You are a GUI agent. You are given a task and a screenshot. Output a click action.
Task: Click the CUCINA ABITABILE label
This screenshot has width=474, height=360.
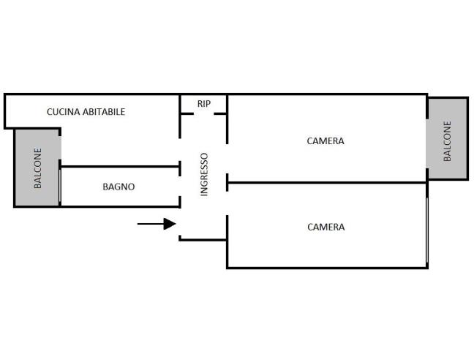(x=86, y=112)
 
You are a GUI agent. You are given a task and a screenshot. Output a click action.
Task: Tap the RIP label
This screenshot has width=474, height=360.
(x=203, y=104)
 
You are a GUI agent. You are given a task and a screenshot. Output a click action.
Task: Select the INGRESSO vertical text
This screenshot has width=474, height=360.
(x=205, y=173)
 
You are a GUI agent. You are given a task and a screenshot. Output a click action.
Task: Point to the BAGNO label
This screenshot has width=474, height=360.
(x=118, y=187)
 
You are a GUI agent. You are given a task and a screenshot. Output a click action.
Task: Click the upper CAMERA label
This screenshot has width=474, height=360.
(x=326, y=140)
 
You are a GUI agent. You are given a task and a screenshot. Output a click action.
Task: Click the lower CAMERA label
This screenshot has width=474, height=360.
(x=326, y=227)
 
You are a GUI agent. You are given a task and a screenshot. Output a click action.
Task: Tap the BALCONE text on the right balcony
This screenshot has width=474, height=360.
(x=448, y=140)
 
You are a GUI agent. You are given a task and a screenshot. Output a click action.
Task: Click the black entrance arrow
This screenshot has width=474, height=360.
(x=157, y=224)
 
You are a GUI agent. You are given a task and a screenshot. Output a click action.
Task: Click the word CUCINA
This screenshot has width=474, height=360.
(x=61, y=112)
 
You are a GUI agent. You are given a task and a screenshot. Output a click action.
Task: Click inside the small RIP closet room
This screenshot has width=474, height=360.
(x=203, y=108)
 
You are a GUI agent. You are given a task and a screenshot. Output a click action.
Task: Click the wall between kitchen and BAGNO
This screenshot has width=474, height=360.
(x=120, y=167)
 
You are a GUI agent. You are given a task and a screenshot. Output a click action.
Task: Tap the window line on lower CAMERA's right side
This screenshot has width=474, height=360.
(x=426, y=227)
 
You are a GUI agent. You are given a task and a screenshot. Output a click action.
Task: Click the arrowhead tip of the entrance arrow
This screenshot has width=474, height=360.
(x=175, y=224)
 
